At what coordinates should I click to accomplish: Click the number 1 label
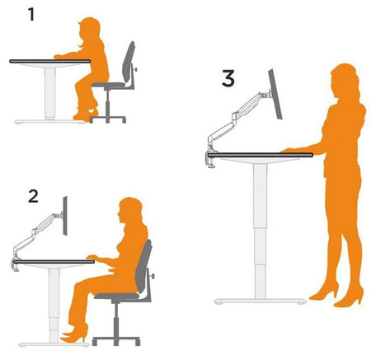point(31,15)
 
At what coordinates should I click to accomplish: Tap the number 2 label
point(33,196)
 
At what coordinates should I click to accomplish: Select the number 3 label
point(228,78)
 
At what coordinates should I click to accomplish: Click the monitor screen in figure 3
point(275,94)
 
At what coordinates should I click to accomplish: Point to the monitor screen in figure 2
point(65,216)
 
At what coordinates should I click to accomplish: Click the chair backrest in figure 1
point(129,63)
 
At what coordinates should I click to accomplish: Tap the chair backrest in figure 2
point(144,267)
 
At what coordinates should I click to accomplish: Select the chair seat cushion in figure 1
point(108,85)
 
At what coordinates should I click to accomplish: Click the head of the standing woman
point(345,81)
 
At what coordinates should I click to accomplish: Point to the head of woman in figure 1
point(90,30)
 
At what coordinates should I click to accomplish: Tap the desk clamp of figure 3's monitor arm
point(212,159)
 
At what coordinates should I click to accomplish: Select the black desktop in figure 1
point(50,61)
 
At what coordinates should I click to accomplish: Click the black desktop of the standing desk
point(261,155)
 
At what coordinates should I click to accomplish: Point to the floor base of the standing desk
point(260,302)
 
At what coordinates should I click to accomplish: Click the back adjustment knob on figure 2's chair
point(152,275)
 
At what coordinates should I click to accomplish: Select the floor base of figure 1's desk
point(49,121)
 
